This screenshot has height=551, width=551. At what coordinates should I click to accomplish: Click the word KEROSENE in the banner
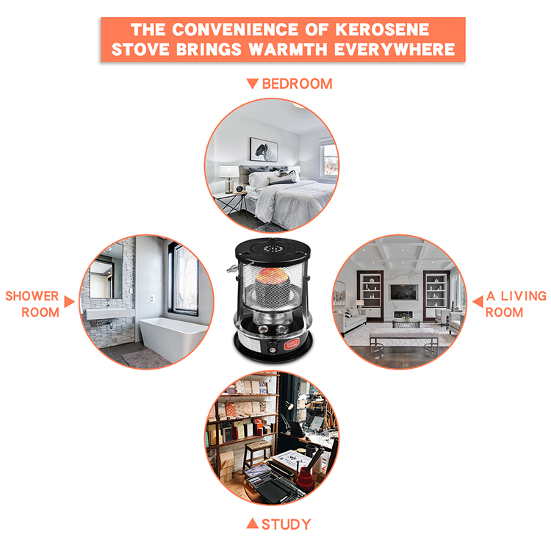[382, 29]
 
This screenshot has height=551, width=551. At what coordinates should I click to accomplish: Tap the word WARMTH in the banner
[288, 49]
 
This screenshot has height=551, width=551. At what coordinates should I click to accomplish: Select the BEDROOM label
[297, 84]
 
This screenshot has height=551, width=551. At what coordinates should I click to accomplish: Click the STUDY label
[287, 525]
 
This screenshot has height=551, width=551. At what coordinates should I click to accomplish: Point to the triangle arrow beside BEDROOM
[252, 83]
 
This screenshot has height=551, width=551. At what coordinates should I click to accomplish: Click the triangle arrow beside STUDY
[252, 523]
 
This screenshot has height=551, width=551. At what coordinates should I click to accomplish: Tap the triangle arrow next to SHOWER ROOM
[69, 301]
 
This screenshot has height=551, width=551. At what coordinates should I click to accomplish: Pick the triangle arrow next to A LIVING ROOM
[478, 301]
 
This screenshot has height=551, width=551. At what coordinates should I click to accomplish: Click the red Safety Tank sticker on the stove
[292, 345]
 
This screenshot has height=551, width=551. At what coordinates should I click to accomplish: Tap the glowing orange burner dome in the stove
[273, 276]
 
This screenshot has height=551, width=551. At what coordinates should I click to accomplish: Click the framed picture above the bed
[264, 149]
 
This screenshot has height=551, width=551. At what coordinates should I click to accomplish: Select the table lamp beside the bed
[228, 179]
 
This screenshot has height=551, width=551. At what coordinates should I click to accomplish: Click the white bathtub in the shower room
[173, 336]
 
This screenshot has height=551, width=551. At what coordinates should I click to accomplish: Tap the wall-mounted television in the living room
[404, 292]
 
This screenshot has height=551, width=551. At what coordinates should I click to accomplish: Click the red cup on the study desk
[305, 479]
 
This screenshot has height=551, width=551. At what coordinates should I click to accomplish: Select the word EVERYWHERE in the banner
[395, 49]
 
